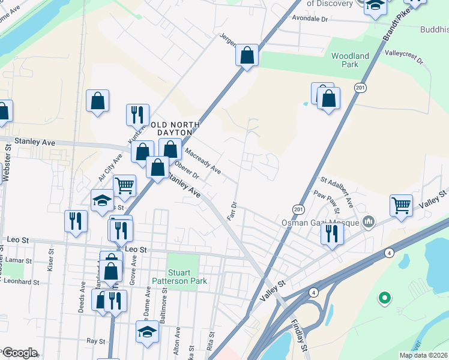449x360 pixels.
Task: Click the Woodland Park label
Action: click(x=350, y=60)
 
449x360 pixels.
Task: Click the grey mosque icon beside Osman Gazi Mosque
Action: click(x=369, y=223)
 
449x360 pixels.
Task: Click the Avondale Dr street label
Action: click(x=309, y=19)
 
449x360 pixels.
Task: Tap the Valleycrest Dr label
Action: click(x=403, y=57)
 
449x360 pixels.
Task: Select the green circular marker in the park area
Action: click(x=385, y=297)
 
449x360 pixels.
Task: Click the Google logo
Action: click(x=19, y=353)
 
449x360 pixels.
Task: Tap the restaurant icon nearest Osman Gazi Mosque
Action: click(x=331, y=233)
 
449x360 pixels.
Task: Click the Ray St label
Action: click(x=95, y=340)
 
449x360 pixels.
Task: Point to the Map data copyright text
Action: click(x=423, y=355)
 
